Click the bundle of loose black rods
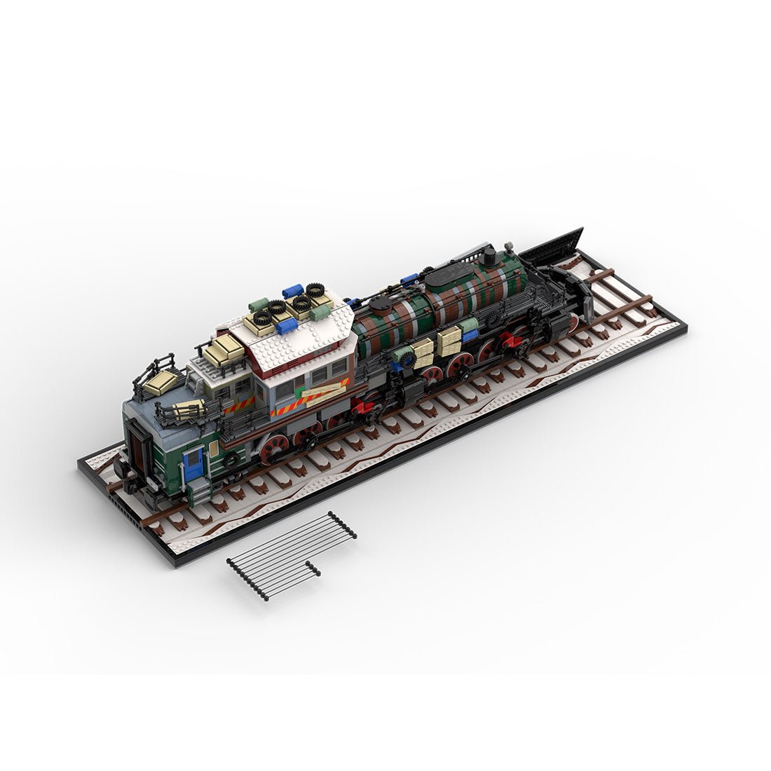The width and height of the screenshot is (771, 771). pos(291,554)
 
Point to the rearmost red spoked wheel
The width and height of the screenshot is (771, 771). pos(273,446)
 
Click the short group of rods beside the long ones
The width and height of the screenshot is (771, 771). pos(313,569)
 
